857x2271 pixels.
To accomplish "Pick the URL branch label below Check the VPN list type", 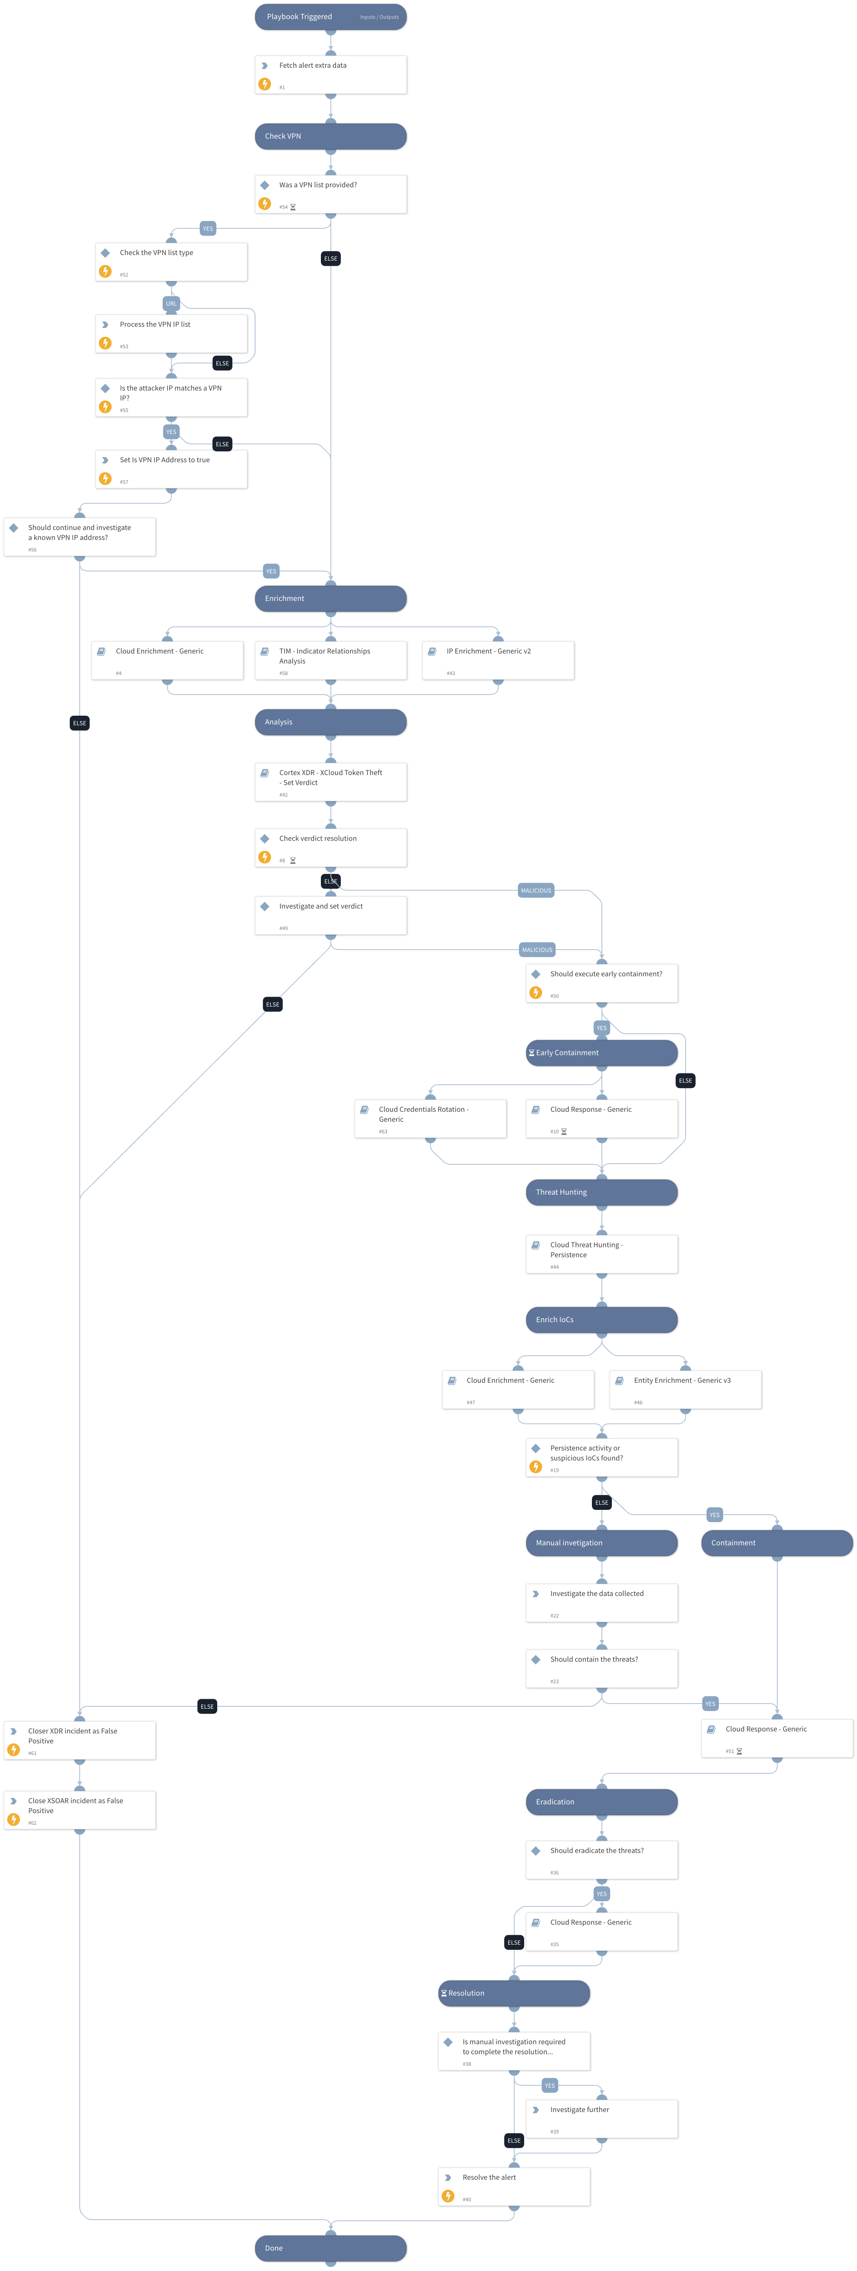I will (171, 303).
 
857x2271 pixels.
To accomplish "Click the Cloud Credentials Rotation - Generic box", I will (430, 1118).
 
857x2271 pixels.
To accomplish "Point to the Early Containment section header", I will (601, 1053).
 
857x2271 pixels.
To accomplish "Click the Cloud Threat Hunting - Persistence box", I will (601, 1254).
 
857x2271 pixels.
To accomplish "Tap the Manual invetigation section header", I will (601, 1543).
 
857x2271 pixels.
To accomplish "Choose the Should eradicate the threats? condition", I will (601, 1859).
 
